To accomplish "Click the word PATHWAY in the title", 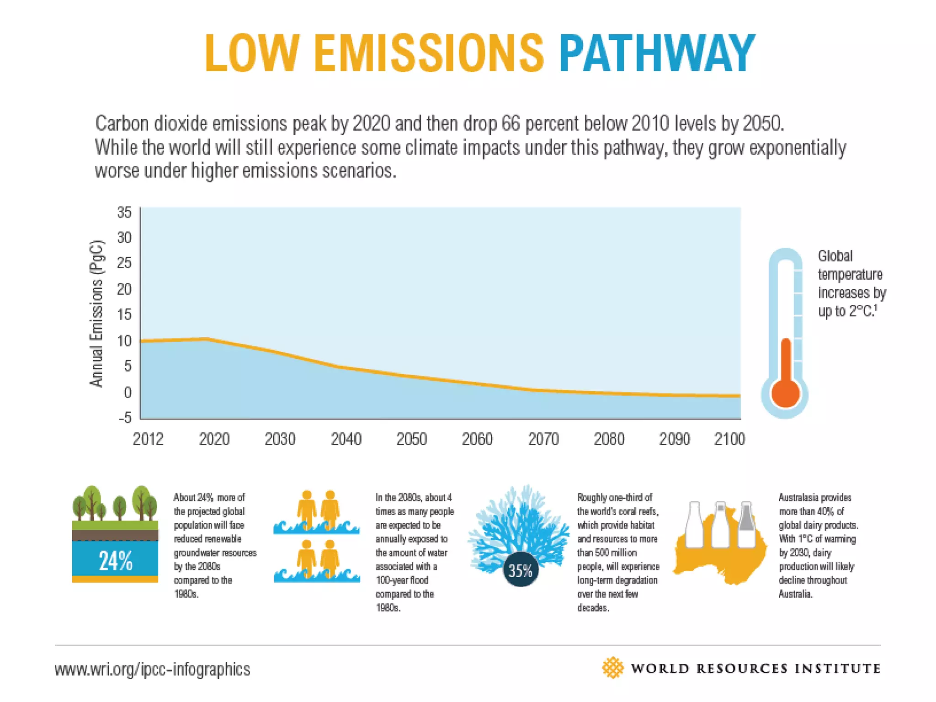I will [657, 54].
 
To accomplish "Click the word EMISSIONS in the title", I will [429, 54].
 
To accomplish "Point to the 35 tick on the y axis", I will [124, 213].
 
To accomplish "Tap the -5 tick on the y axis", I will [125, 417].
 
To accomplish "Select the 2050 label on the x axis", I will [411, 439].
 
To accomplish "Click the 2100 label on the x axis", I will [729, 439].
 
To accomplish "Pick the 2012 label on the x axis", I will [148, 439].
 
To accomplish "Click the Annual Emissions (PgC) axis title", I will [96, 314].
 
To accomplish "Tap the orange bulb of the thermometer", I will [785, 394].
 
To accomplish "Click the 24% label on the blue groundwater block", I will [115, 561].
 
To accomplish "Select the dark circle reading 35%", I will [521, 570].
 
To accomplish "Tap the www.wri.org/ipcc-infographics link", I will [152, 669].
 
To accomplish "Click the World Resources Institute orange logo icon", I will [612, 668].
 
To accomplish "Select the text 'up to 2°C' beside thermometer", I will [846, 311].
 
